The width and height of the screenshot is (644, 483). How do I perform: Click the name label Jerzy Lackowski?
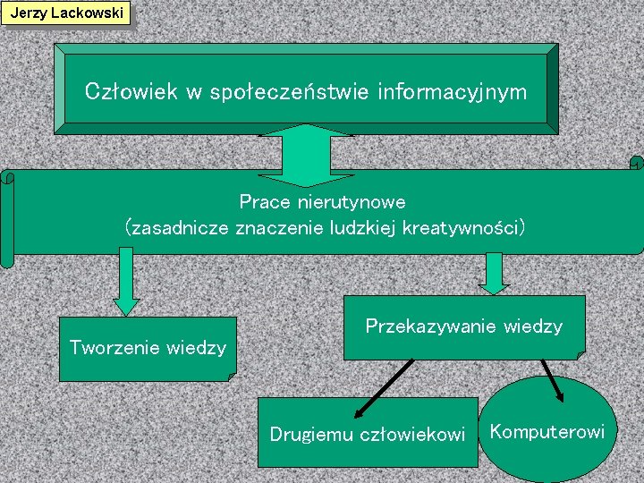point(66,13)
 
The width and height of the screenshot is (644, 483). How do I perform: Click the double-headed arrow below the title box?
point(306,154)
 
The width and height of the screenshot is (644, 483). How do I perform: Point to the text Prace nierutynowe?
point(323,202)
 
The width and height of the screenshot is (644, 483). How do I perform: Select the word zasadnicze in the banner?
point(178,227)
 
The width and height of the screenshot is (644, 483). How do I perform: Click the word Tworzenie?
point(114,347)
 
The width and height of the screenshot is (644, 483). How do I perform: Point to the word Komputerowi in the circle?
point(547,432)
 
